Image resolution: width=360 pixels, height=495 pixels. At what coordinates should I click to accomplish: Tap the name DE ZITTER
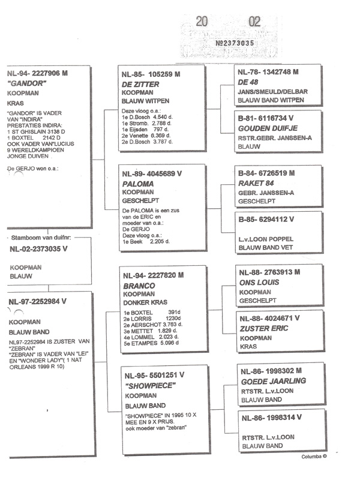click(x=140, y=85)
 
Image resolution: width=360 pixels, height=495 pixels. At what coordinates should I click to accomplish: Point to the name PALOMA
click(x=137, y=184)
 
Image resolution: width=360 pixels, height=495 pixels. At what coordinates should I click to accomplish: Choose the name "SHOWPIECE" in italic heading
click(x=148, y=386)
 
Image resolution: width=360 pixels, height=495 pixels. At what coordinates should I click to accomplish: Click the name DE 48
click(x=250, y=81)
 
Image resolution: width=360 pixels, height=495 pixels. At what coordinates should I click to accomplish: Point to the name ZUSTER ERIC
click(x=262, y=329)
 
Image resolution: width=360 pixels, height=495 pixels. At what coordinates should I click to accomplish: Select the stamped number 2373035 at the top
click(x=235, y=43)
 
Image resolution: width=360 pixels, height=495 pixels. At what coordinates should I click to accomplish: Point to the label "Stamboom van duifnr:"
click(x=41, y=239)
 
